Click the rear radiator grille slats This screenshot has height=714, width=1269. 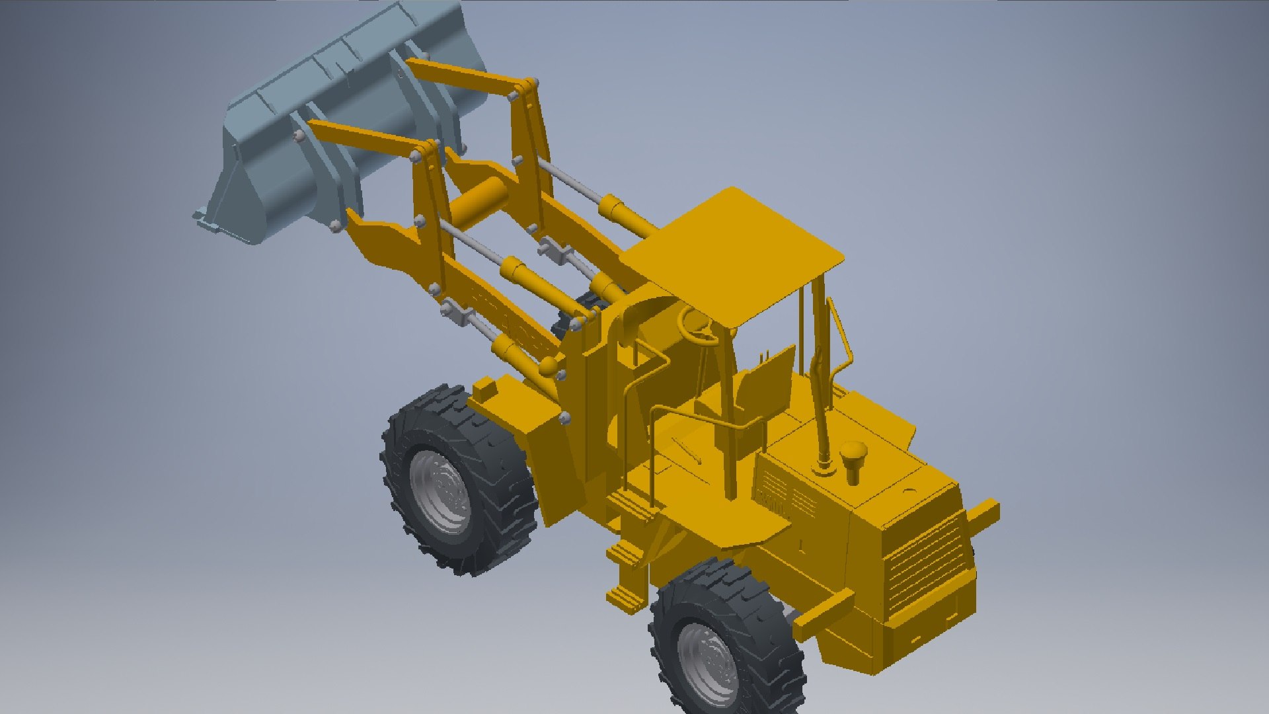[925, 562]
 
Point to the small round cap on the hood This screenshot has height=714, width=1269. [909, 492]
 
